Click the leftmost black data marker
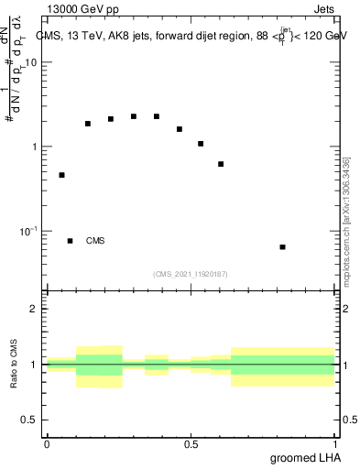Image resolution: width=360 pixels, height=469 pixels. [x=61, y=175]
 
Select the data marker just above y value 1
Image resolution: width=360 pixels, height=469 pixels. [x=201, y=144]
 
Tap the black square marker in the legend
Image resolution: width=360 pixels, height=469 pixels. [x=70, y=241]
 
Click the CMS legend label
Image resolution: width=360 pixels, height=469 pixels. [x=95, y=241]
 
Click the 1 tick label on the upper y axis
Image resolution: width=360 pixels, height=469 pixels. [x=35, y=147]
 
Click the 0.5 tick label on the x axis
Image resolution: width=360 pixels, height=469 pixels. [x=191, y=444]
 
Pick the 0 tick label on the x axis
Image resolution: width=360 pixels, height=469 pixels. [x=47, y=444]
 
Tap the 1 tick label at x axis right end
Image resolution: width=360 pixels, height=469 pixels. [x=335, y=444]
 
